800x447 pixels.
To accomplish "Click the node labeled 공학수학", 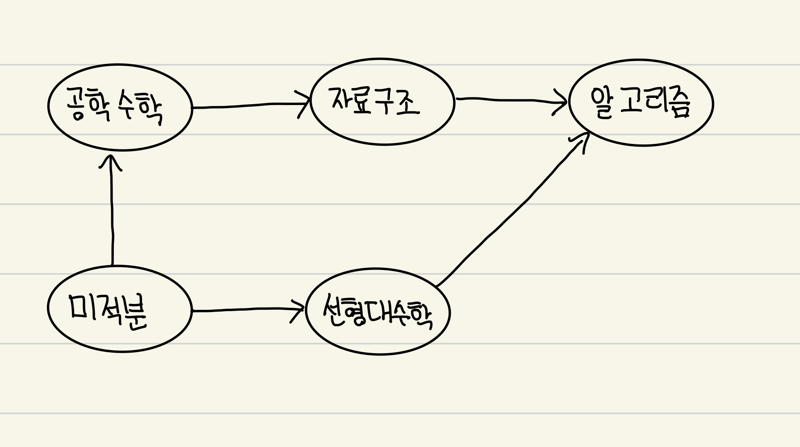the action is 120,107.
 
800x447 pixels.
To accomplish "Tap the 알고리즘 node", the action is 641,103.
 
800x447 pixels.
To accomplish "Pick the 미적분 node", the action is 120,309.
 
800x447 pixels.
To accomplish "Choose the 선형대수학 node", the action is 378,312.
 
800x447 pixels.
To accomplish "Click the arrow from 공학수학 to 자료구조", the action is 250,105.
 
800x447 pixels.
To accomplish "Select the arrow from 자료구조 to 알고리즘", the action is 509,99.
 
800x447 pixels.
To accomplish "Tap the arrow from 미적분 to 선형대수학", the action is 246,310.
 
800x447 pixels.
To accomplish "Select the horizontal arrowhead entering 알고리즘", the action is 561,102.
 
